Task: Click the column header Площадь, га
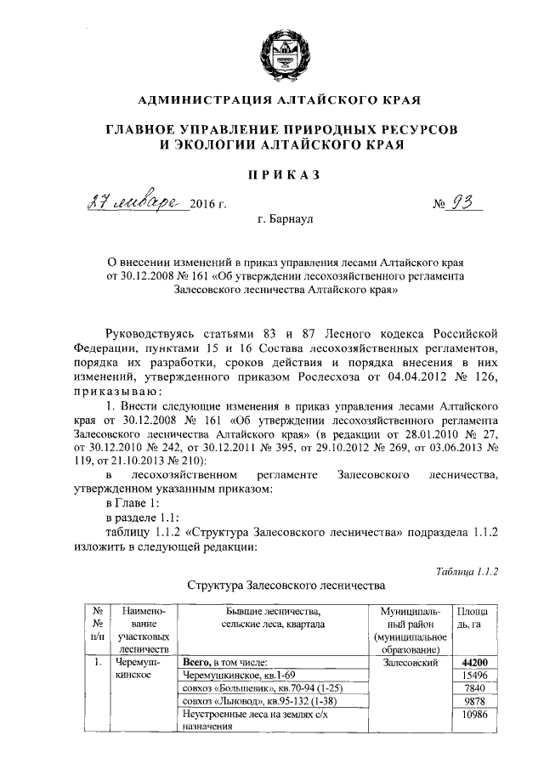473,618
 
